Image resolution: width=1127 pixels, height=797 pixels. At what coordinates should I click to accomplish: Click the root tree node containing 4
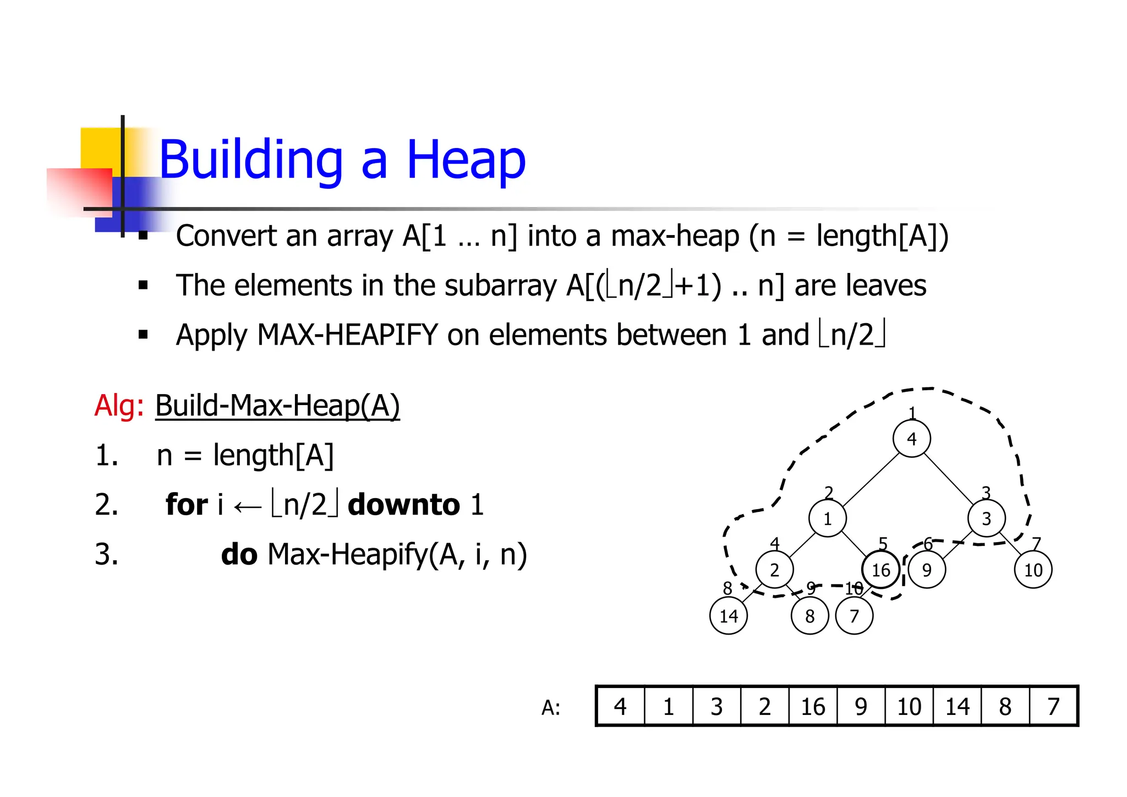click(x=911, y=439)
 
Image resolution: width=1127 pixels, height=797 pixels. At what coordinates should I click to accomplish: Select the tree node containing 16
click(x=880, y=570)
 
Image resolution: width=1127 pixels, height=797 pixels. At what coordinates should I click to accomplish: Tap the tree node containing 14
click(x=729, y=616)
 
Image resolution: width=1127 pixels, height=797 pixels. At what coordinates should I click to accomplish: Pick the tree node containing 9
click(x=927, y=570)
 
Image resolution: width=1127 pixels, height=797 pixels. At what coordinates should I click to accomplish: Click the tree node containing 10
click(x=1033, y=570)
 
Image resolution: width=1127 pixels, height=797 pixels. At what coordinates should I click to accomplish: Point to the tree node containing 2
click(x=774, y=570)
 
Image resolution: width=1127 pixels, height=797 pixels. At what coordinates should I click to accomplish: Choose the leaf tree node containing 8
click(x=809, y=616)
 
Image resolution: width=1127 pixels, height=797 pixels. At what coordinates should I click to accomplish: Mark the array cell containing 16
click(x=813, y=707)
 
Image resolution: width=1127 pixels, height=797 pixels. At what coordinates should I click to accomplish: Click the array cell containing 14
click(x=957, y=707)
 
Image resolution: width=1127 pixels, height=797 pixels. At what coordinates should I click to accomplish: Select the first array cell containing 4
click(x=620, y=707)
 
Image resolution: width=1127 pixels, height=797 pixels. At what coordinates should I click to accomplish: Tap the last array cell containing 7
click(x=1053, y=707)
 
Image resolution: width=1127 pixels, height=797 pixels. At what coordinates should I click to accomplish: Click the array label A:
click(x=551, y=708)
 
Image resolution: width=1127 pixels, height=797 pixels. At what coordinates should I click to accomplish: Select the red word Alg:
click(x=119, y=406)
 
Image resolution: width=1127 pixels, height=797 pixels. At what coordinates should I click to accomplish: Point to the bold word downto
click(x=404, y=505)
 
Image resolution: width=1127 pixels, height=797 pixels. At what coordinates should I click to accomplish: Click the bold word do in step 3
click(x=239, y=554)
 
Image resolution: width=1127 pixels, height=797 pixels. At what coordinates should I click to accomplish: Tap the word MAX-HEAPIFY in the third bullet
click(x=347, y=335)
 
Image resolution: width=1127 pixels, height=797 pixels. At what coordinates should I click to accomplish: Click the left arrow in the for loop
click(x=247, y=506)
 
